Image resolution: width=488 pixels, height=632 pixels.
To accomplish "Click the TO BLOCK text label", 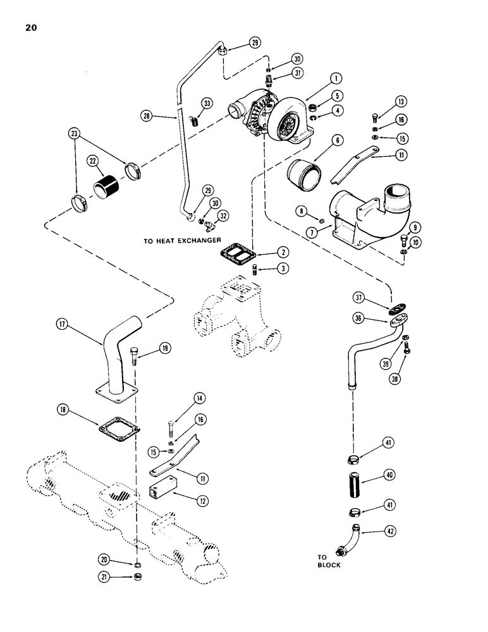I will (x=328, y=561).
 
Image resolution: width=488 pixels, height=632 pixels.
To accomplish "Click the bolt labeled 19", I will (x=135, y=355).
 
